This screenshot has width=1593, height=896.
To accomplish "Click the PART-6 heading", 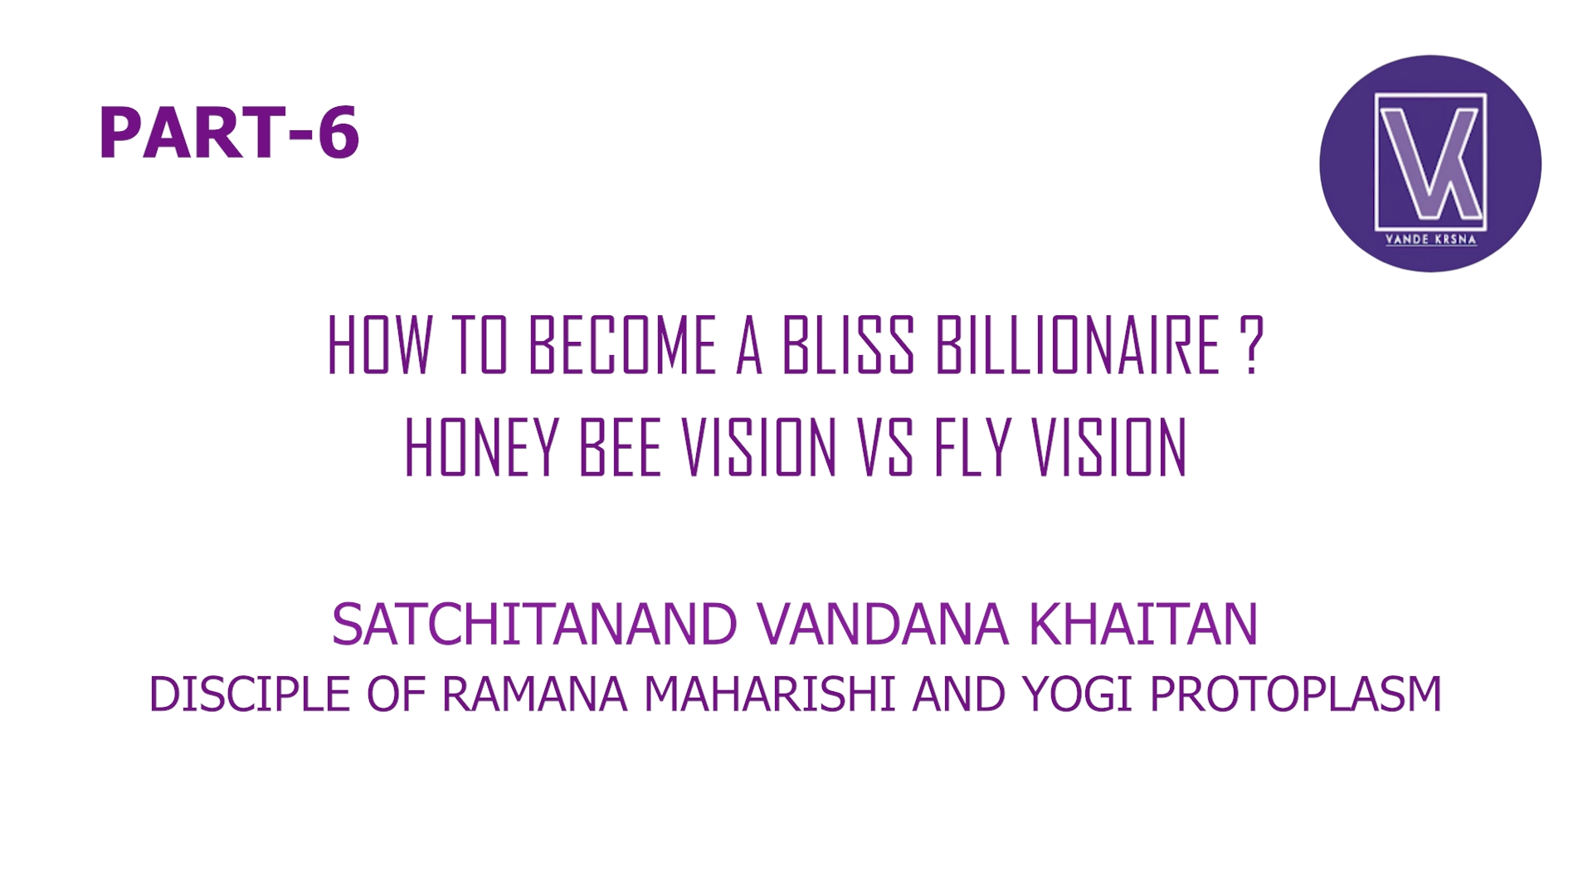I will point(229,133).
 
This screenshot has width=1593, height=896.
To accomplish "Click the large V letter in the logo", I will point(1415,162).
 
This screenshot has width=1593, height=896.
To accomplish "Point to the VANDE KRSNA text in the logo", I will point(1430,240).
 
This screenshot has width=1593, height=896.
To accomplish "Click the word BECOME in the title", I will point(622,345).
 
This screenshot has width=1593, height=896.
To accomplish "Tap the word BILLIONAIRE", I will point(1078,345).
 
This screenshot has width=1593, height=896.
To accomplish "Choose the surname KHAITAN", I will point(1143,625).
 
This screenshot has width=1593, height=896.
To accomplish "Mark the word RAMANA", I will point(534,694).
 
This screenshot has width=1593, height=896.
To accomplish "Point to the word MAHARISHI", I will point(770,694).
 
